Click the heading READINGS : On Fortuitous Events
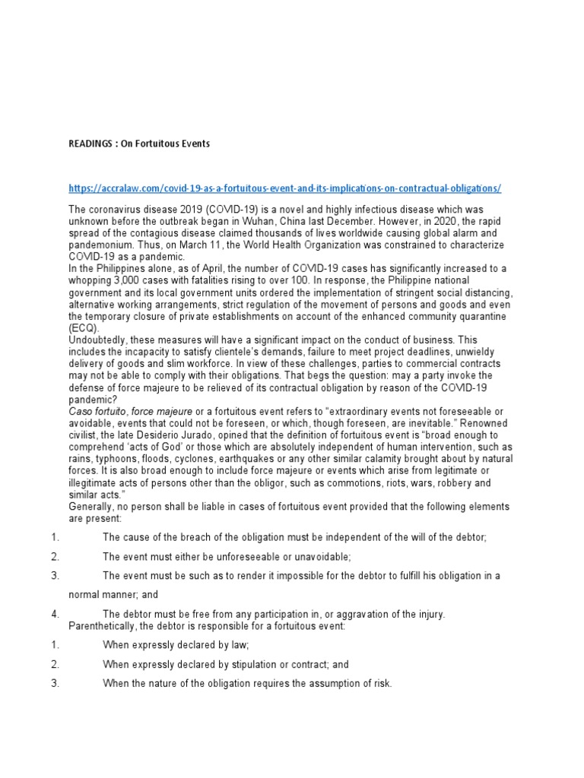[x=139, y=144]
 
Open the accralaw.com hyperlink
[x=284, y=188]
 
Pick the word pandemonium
[x=104, y=245]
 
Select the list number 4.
[x=56, y=613]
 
